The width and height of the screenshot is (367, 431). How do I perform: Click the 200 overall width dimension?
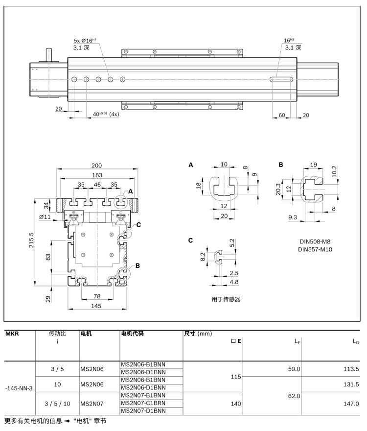[x=96, y=166]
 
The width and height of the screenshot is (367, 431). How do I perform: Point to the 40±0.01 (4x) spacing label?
[x=105, y=114]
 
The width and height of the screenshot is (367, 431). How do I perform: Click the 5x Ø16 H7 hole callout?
[x=86, y=41]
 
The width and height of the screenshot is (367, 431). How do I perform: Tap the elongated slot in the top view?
[x=281, y=79]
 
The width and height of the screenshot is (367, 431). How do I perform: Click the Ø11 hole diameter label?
[x=45, y=216]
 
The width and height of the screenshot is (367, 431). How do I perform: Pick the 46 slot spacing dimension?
[x=97, y=185]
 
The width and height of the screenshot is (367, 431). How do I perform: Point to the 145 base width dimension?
[x=96, y=306]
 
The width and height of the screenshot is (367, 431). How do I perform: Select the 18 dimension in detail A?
[x=198, y=186]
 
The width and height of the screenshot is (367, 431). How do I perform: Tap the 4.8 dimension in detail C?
[x=234, y=282]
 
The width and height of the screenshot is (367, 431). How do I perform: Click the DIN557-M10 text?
[x=316, y=250]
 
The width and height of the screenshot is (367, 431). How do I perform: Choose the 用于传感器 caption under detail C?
[x=226, y=299]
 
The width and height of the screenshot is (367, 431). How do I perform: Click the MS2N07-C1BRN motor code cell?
[x=143, y=403]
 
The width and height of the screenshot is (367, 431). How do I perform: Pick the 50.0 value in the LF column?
[x=294, y=369]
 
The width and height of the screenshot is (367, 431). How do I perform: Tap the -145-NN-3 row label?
[x=19, y=388]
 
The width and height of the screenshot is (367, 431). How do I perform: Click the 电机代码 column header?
[x=133, y=334]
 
